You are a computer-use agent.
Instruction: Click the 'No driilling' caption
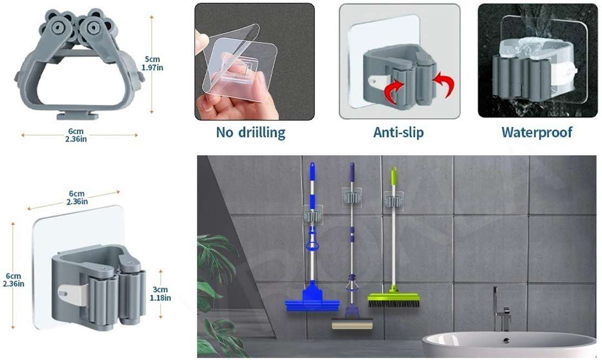251,132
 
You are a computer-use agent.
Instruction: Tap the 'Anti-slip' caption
398,132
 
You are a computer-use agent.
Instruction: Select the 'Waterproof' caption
537,132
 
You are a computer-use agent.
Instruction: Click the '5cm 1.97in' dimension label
152,63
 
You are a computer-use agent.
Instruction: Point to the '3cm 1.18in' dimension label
160,294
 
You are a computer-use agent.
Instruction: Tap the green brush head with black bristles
393,299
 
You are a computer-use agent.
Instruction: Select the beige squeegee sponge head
352,324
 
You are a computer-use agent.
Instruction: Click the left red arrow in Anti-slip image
394,89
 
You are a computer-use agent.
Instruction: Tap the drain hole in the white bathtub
506,341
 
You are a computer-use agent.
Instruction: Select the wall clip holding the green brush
393,199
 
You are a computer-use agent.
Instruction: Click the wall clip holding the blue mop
312,215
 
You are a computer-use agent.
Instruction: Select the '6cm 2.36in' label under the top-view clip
76,135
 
